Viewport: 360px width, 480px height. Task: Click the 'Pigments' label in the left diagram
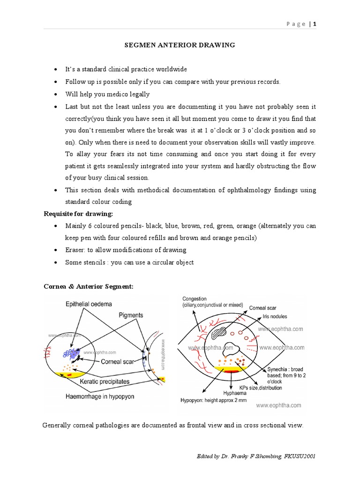(130, 315)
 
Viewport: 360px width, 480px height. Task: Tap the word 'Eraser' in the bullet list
(75, 250)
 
